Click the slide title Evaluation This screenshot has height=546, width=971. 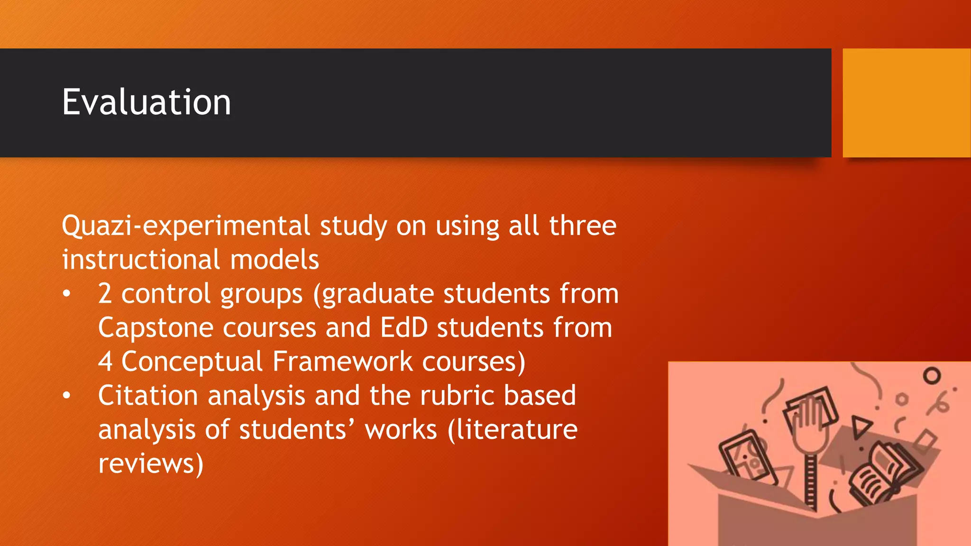click(x=147, y=102)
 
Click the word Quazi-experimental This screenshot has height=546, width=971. click(x=186, y=226)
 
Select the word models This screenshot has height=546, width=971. click(x=275, y=260)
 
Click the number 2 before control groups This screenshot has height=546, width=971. click(x=105, y=294)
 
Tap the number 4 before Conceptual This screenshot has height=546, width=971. click(x=105, y=362)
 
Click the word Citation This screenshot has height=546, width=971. click(x=148, y=396)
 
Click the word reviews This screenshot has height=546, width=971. click(x=150, y=464)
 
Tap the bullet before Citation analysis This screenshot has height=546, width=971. click(x=67, y=396)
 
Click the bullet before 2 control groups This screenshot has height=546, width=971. click(x=67, y=294)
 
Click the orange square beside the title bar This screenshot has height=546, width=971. click(x=907, y=103)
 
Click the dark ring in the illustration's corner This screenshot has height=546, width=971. click(x=932, y=376)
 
